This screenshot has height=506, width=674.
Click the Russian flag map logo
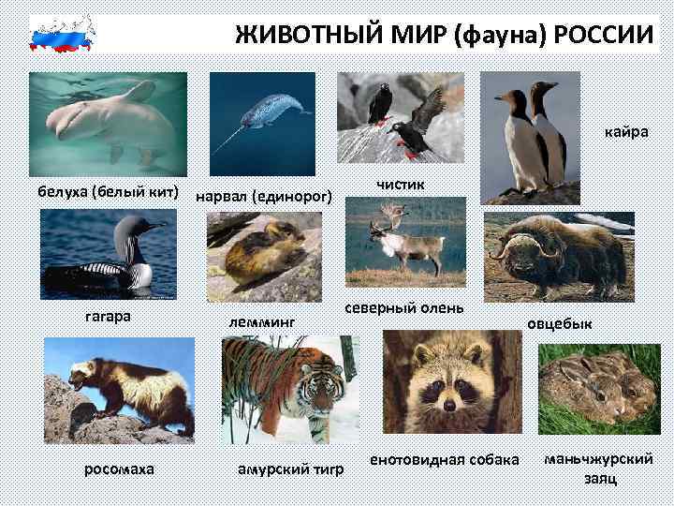[x=64, y=33]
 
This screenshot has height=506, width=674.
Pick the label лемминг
[x=261, y=320]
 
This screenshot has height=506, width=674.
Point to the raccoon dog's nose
[x=449, y=404]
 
